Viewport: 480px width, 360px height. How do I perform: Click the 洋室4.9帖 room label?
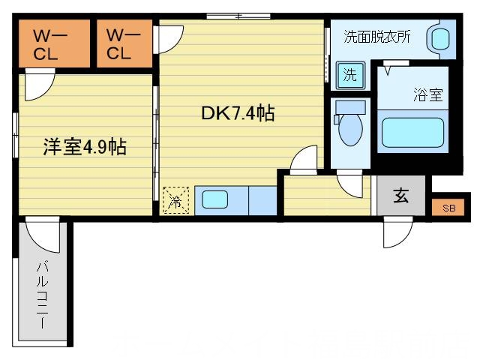(x=83, y=147)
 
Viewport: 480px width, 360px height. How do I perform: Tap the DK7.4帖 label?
(x=237, y=114)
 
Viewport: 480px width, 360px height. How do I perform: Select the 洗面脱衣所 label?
(x=376, y=37)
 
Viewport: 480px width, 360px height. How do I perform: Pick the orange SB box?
(x=448, y=208)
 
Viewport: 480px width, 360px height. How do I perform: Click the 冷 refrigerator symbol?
(x=176, y=200)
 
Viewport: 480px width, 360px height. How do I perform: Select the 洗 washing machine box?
(x=349, y=75)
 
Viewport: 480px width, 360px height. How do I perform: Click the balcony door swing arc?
(x=40, y=234)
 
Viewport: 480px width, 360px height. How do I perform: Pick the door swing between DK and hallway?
(x=304, y=159)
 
